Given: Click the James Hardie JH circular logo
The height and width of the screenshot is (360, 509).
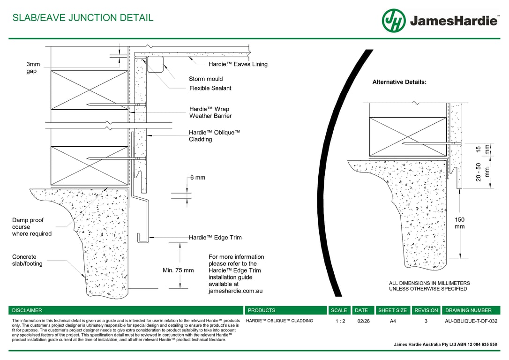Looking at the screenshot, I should pyautogui.click(x=394, y=21).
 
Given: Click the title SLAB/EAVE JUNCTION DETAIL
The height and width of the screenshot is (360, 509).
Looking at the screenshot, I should pyautogui.click(x=82, y=18).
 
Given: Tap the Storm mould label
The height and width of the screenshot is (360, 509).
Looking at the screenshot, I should pyautogui.click(x=206, y=79).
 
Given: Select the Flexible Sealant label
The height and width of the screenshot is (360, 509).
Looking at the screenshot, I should pyautogui.click(x=210, y=88).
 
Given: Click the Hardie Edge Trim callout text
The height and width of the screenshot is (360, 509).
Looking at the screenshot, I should pyautogui.click(x=215, y=238).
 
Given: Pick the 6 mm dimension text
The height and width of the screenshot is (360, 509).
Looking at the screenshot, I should pyautogui.click(x=197, y=178).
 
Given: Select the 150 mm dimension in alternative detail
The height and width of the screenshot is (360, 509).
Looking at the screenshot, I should pyautogui.click(x=460, y=223).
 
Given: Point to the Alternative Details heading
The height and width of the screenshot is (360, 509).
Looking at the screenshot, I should pyautogui.click(x=399, y=82).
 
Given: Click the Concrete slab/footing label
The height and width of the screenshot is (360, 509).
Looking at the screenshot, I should pyautogui.click(x=27, y=260).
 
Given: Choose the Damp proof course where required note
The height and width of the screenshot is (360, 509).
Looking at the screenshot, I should pyautogui.click(x=32, y=227).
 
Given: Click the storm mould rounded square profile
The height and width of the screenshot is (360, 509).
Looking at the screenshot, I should pyautogui.click(x=156, y=64).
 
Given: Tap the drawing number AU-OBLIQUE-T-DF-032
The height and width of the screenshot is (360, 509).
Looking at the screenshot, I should pyautogui.click(x=471, y=322).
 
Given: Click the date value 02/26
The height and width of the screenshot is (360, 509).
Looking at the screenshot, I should pyautogui.click(x=363, y=322).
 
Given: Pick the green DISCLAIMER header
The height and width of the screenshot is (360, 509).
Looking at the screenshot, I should pyautogui.click(x=27, y=310).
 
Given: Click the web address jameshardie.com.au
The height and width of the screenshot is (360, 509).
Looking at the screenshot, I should pyautogui.click(x=235, y=291).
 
